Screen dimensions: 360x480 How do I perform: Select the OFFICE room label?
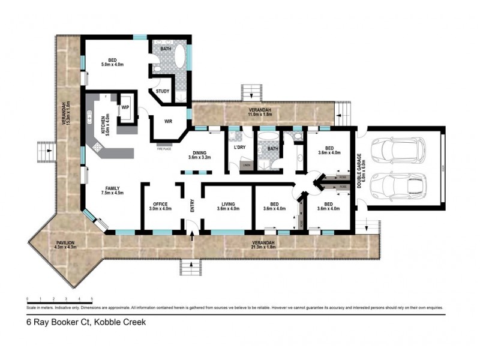tap(160, 205)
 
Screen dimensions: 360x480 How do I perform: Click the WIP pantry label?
tap(126, 107)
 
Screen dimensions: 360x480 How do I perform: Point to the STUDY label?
tap(162, 91)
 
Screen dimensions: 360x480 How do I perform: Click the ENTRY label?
tap(193, 206)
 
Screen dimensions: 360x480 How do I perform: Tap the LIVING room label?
tap(227, 205)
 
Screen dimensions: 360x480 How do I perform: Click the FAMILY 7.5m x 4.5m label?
tap(112, 190)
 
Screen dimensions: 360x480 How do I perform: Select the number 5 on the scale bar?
tap(92, 298)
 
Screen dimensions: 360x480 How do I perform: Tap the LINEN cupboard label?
tap(245, 164)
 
